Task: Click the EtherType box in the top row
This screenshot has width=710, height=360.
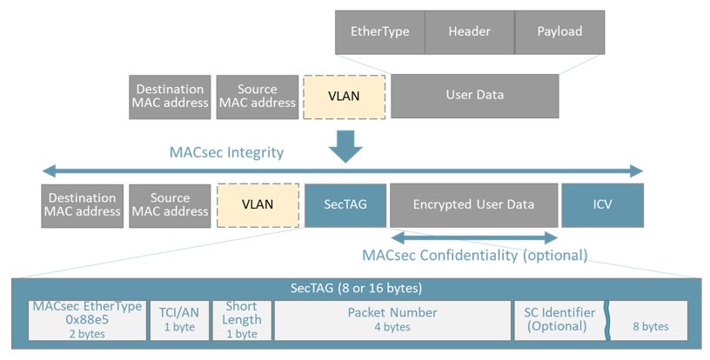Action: click(x=380, y=32)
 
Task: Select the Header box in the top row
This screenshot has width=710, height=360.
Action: click(x=470, y=32)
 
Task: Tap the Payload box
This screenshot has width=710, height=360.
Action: click(x=559, y=32)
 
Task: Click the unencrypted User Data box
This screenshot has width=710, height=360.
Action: click(x=475, y=97)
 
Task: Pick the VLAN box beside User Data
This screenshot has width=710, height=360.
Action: click(x=345, y=97)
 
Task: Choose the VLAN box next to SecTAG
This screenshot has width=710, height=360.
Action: click(x=258, y=205)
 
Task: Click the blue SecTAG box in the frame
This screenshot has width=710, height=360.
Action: click(x=345, y=205)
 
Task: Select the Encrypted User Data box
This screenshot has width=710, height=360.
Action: click(x=473, y=205)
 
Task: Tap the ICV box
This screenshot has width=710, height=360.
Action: click(x=603, y=205)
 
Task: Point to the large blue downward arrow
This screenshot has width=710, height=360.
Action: click(x=345, y=147)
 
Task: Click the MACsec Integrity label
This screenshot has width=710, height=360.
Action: click(x=226, y=153)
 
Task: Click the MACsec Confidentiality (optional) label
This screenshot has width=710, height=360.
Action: click(x=475, y=256)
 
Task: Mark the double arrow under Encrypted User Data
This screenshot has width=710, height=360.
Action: click(x=474, y=238)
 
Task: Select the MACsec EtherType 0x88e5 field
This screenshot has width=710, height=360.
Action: click(x=87, y=320)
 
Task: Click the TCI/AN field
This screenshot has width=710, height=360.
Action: click(x=180, y=320)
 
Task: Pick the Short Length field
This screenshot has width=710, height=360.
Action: click(x=242, y=320)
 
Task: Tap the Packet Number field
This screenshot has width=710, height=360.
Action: click(x=392, y=320)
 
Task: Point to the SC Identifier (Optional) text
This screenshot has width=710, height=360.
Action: click(x=559, y=319)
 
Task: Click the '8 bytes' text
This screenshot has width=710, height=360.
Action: click(x=651, y=327)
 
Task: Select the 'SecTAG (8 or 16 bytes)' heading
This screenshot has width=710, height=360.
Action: click(x=356, y=288)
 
